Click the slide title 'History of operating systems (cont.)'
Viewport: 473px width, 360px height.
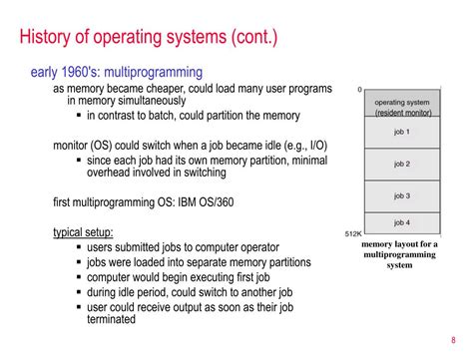150,39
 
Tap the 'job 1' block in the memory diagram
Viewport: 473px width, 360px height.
401,130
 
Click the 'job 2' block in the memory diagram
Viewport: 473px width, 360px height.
401,163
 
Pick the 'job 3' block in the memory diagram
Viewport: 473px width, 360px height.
401,196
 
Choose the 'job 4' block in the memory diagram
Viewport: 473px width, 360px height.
401,221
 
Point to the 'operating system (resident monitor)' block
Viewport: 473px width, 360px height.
401,104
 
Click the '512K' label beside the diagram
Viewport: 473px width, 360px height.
352,234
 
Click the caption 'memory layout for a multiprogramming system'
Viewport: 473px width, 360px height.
399,253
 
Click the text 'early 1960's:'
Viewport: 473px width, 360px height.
62,72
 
